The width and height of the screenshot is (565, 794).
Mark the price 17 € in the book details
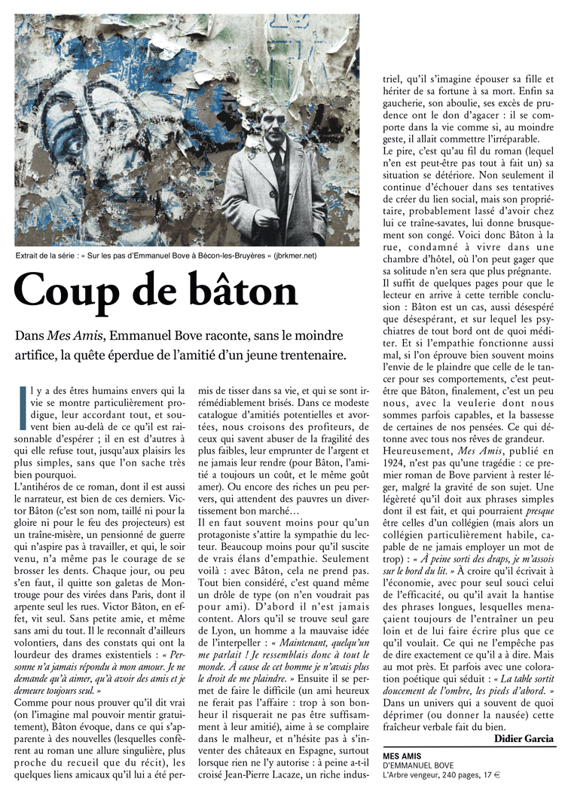pos(492,776)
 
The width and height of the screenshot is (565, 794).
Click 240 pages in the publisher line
pos(457,776)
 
